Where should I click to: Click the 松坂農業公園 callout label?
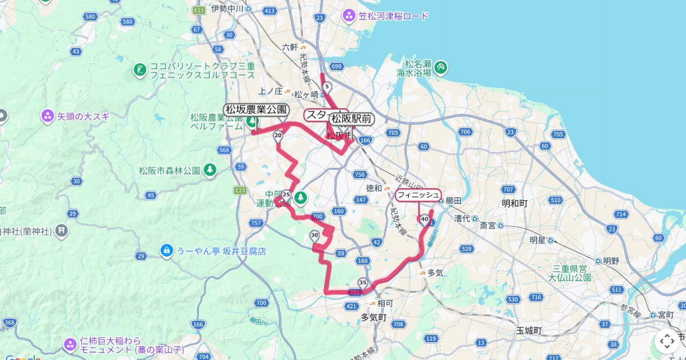point(256,110)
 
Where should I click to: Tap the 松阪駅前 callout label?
point(352,119)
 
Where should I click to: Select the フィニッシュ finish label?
point(418,195)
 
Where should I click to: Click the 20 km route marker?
point(278,135)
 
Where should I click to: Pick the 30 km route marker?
point(314,235)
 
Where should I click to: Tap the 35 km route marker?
point(363,282)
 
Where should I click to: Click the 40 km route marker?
point(424,219)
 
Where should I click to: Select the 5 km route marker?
point(326,87)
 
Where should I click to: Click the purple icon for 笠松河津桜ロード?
point(349,15)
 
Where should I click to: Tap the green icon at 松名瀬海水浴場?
point(441,67)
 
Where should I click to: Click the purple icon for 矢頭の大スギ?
point(47,117)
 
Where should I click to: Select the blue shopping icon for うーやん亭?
point(166,251)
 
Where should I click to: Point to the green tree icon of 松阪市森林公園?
point(210,170)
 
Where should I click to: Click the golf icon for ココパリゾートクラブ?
point(139,70)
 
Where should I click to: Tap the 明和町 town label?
point(514,203)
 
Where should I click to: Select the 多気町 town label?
point(374,317)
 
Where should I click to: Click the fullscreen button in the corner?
point(667,341)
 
